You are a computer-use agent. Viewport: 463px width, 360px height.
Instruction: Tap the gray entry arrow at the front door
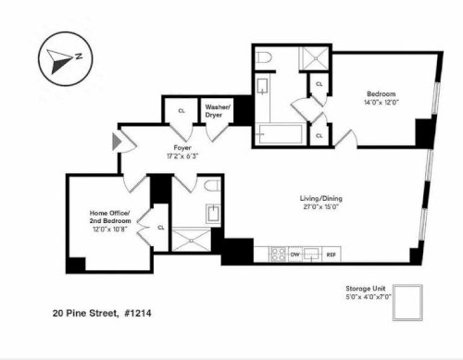click(x=117, y=142)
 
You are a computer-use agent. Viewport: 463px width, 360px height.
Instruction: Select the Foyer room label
click(x=182, y=148)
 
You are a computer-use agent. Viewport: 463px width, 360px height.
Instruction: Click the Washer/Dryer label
click(x=218, y=111)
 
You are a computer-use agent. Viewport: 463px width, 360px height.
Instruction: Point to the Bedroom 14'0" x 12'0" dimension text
click(x=382, y=103)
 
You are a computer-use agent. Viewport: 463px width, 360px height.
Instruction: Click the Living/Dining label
click(x=321, y=198)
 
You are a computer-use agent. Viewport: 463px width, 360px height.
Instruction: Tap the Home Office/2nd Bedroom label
click(x=110, y=217)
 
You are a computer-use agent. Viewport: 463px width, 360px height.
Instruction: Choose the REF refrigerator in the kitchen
click(x=332, y=254)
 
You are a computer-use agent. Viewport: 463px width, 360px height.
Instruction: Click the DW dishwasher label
click(x=295, y=254)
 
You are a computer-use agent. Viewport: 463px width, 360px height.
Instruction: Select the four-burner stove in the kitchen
click(x=279, y=254)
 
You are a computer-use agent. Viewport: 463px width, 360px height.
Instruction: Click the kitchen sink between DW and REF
click(x=311, y=254)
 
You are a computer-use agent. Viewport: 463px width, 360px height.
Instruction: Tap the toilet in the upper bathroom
click(x=265, y=57)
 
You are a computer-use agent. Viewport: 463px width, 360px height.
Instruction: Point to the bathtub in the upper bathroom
click(x=281, y=134)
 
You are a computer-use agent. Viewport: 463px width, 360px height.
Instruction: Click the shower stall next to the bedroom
click(x=315, y=58)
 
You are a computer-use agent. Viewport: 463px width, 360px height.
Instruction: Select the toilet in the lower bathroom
click(x=213, y=186)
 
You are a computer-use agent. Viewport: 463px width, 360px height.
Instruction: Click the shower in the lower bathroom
click(x=192, y=240)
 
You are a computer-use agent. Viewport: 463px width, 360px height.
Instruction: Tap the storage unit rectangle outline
click(x=407, y=303)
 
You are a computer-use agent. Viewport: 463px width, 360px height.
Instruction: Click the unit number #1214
click(x=138, y=314)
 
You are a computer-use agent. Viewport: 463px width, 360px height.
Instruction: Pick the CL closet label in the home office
click(x=161, y=228)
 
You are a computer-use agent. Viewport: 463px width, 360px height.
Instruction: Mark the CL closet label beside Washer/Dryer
click(x=181, y=111)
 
